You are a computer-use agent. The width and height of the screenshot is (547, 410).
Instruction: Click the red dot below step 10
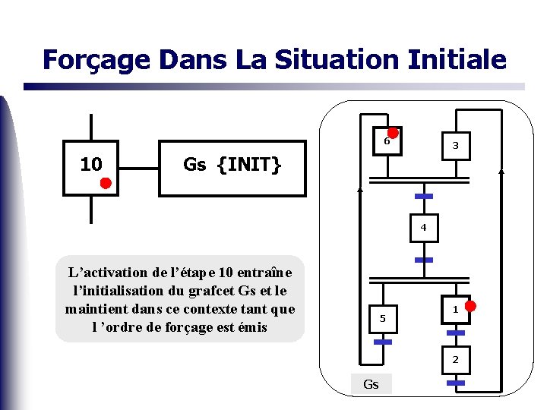click(106, 183)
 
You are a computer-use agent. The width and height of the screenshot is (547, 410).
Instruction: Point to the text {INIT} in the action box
click(249, 164)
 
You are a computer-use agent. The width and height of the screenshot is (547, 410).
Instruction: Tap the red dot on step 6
click(394, 132)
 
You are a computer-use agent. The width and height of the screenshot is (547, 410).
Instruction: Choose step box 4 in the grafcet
click(424, 228)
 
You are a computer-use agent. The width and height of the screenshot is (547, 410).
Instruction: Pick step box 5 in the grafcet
click(383, 317)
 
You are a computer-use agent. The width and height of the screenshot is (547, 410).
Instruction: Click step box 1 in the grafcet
click(454, 309)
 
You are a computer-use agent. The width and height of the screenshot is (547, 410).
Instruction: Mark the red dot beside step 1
click(470, 306)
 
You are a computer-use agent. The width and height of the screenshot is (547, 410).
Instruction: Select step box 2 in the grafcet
click(455, 359)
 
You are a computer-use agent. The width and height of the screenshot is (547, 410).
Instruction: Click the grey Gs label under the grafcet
click(371, 384)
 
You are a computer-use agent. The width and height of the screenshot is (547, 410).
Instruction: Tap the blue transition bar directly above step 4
click(424, 197)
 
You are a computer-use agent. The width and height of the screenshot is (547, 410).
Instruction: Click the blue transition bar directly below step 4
click(424, 260)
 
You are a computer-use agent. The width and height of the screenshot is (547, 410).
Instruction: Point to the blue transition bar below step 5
click(383, 342)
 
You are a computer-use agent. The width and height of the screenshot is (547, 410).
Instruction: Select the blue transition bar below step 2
click(455, 383)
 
